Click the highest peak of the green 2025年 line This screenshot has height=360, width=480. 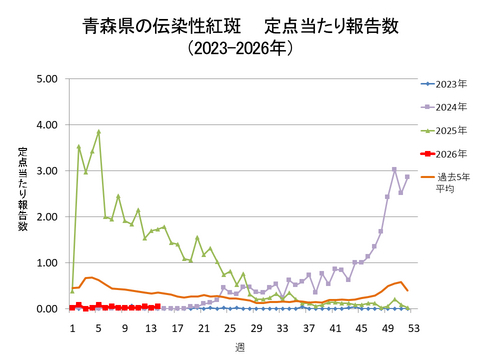(99, 131)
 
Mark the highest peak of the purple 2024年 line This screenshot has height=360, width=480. (394, 169)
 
